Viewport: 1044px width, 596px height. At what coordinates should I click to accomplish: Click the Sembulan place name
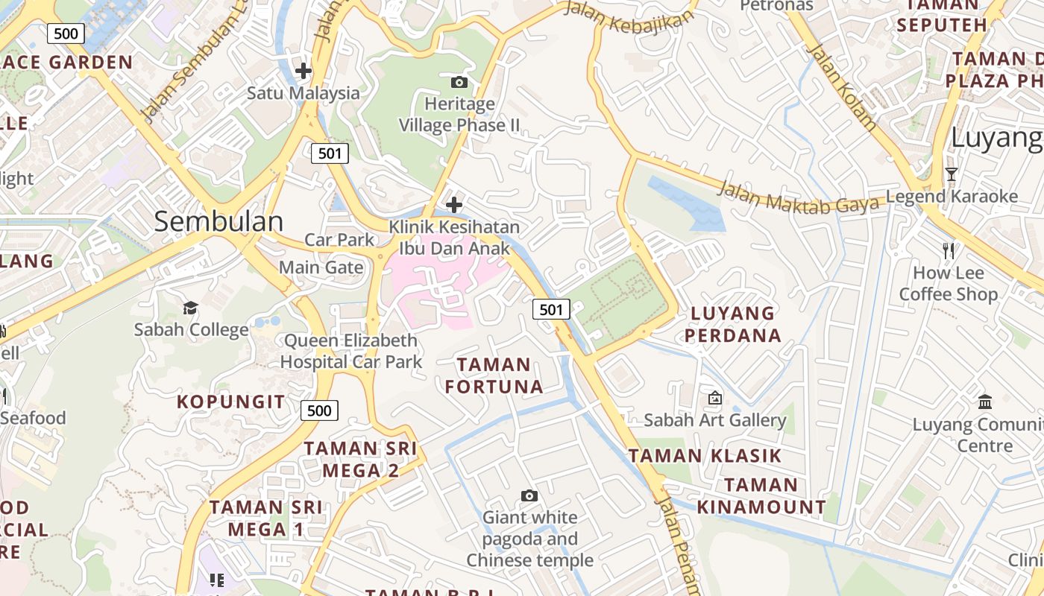[218, 221]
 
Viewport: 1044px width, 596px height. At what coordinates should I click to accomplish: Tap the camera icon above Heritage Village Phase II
[459, 82]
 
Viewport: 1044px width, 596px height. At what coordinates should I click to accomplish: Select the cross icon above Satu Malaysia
[304, 72]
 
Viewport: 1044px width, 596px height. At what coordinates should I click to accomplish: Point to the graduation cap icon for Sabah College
[191, 308]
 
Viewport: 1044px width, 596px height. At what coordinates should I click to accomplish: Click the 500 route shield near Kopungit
[319, 410]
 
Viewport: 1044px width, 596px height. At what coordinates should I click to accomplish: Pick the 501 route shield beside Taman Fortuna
[551, 309]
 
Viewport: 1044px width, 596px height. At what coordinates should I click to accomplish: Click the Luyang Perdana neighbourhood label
[732, 324]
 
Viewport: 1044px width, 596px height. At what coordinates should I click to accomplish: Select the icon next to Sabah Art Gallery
[715, 398]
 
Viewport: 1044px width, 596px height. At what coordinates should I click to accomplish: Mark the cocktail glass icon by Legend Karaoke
[951, 174]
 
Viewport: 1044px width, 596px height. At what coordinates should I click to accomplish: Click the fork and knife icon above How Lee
[949, 251]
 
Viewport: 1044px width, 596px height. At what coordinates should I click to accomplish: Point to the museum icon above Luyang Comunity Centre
[985, 402]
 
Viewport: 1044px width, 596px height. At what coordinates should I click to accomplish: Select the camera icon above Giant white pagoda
[529, 495]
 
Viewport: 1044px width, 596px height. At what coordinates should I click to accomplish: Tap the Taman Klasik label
[705, 455]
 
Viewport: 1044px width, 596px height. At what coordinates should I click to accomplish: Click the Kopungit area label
[230, 402]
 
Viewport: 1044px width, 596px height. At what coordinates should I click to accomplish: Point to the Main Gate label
[321, 267]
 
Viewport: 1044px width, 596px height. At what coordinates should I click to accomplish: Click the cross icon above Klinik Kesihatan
[453, 205]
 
